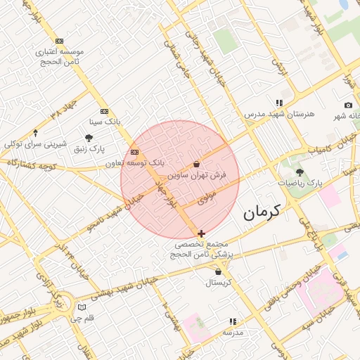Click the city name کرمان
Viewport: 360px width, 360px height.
point(262,211)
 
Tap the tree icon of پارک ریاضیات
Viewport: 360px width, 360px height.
point(300,172)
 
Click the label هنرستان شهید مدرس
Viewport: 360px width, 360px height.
point(279,113)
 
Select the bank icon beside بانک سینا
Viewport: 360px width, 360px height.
point(104,111)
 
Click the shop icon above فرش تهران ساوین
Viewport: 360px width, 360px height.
point(196,163)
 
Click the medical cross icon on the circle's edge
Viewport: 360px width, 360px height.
point(202,233)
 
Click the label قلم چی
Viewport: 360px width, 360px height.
point(94,318)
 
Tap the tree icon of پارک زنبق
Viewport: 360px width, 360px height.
point(89,138)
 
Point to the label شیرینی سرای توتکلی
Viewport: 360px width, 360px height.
point(36,143)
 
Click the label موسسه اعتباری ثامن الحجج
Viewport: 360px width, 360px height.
point(59,56)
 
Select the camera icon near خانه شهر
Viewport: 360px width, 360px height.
point(348,105)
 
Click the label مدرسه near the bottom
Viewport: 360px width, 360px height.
point(233,332)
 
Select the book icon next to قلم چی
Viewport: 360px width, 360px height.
point(82,307)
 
